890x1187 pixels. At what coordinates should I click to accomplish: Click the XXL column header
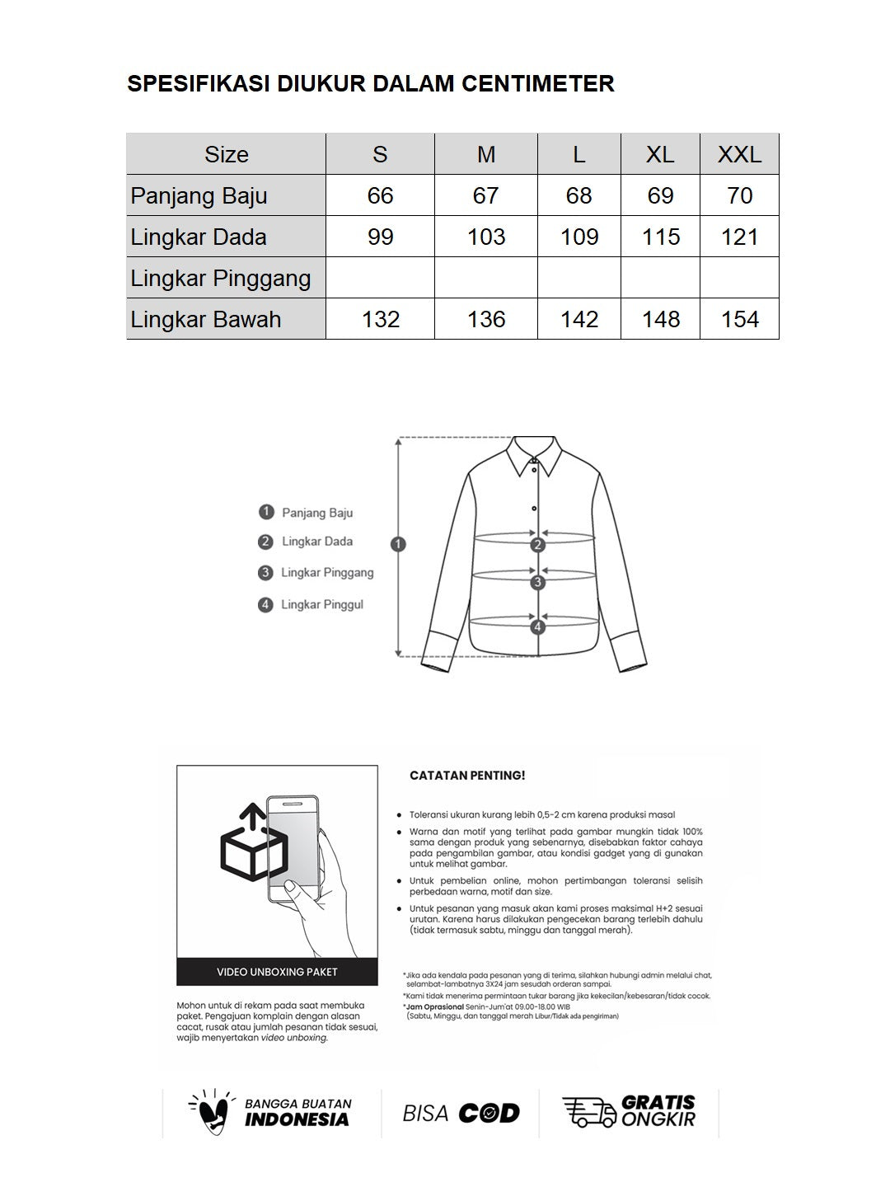739,154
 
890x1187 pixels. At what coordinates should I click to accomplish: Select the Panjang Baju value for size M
485,195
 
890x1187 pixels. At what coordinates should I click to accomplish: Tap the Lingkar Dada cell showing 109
578,237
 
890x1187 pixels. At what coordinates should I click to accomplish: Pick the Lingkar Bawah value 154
739,319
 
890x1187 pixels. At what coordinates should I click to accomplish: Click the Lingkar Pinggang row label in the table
221,278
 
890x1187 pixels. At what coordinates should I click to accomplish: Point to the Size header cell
226,154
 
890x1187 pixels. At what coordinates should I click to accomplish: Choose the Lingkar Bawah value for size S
380,319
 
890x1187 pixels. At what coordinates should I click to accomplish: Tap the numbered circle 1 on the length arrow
398,544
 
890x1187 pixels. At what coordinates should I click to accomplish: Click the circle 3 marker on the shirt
538,583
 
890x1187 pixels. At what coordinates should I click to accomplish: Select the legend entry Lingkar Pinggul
321,605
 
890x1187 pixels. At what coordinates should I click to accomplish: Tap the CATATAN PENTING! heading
467,776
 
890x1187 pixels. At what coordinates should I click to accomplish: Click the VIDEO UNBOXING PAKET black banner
277,972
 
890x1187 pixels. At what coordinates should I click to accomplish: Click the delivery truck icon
588,1112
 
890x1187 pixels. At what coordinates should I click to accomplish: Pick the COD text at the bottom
489,1114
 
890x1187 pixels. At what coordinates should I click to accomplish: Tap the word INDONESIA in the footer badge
297,1119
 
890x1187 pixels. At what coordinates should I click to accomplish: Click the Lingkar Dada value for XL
660,237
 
